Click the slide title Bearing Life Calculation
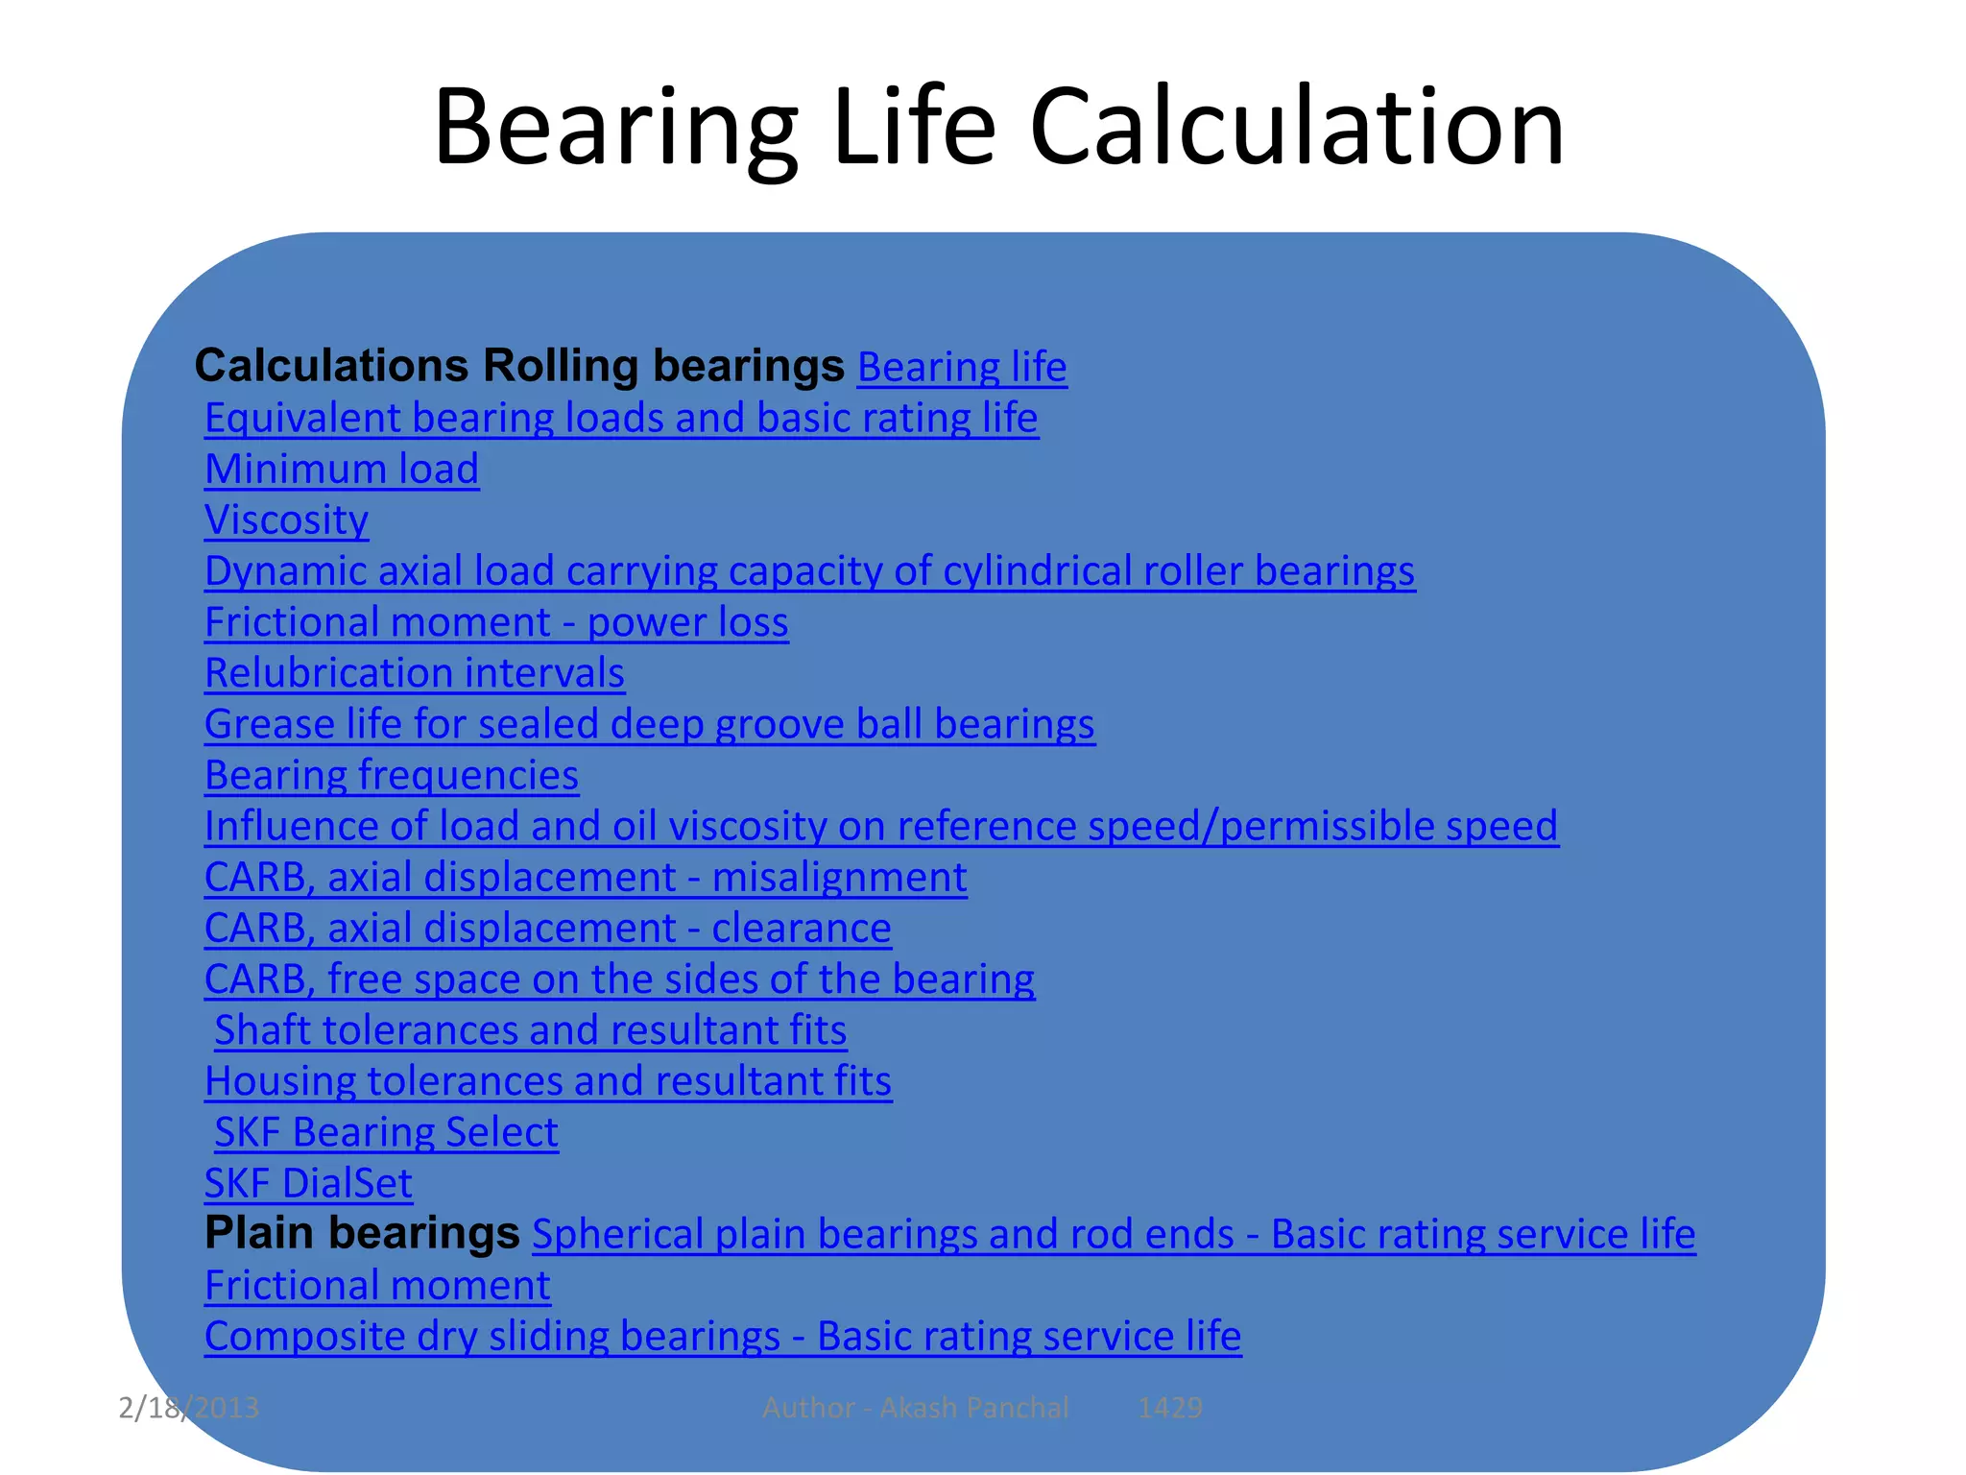pos(998,127)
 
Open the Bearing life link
pos(962,368)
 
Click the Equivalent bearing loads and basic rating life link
pos(621,419)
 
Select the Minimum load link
pos(342,470)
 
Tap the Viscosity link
pos(286,520)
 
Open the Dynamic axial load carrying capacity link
pos(809,571)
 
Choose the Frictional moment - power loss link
pos(496,622)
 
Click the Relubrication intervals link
pos(415,673)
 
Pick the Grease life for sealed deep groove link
pos(649,724)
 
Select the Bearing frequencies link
pos(392,775)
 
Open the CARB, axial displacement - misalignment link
pos(586,878)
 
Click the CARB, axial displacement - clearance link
pos(547,929)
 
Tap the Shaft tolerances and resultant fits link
pos(530,1030)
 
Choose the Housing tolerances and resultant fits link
pos(548,1081)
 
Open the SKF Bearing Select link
pos(386,1132)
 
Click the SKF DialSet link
pos(308,1183)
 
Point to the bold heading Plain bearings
pos(362,1233)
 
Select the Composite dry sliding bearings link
pos(723,1337)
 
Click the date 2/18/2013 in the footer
pos(188,1408)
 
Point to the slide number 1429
pos(1169,1408)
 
